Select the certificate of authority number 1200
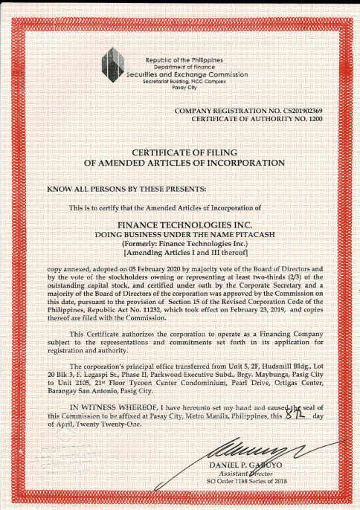point(315,118)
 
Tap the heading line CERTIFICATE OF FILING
point(184,151)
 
